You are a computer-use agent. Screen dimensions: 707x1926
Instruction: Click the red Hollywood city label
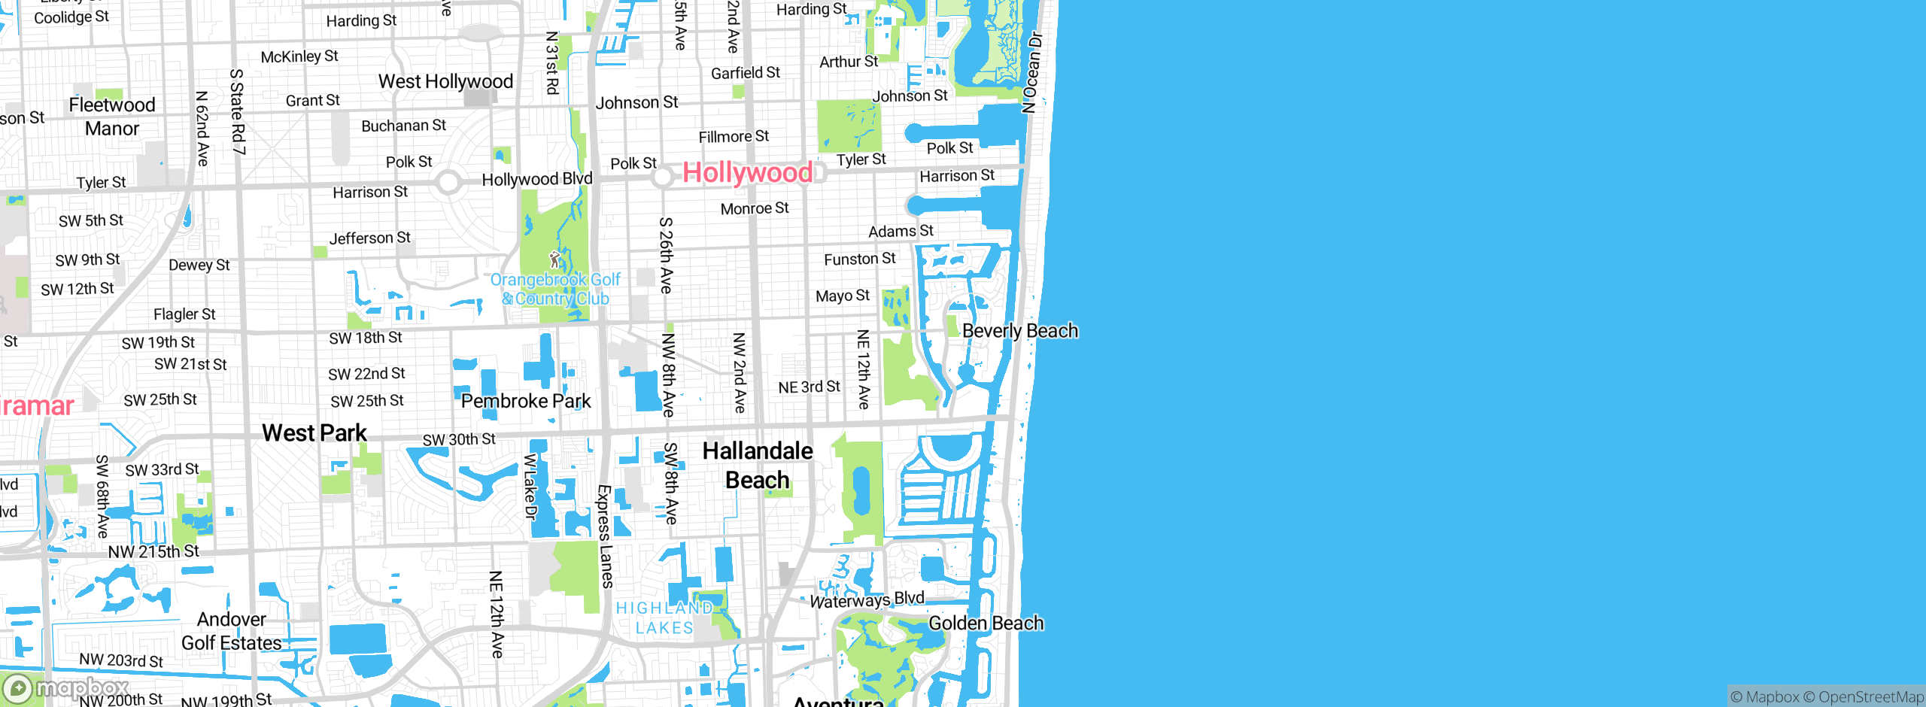pyautogui.click(x=747, y=173)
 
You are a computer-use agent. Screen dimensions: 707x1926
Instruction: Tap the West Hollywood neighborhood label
pyautogui.click(x=445, y=81)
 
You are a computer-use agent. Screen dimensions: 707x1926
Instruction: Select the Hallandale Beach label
pyautogui.click(x=758, y=466)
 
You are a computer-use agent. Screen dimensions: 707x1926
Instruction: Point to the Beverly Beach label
pyautogui.click(x=1019, y=331)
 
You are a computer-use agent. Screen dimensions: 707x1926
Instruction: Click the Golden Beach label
pyautogui.click(x=986, y=623)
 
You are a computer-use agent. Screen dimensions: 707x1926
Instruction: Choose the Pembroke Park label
pyautogui.click(x=526, y=401)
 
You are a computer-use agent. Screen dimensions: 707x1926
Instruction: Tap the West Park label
pyautogui.click(x=314, y=432)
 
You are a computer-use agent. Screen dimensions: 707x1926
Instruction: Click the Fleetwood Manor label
pyautogui.click(x=112, y=117)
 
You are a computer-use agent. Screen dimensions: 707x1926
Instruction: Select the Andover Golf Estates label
pyautogui.click(x=232, y=631)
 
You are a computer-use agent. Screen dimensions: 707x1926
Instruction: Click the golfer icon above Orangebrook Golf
pyautogui.click(x=555, y=259)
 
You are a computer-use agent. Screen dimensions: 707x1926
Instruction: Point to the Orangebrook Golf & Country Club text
pyautogui.click(x=555, y=290)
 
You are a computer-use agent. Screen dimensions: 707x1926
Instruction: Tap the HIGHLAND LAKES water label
pyautogui.click(x=664, y=617)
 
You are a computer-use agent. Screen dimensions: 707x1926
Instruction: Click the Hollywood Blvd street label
pyautogui.click(x=537, y=179)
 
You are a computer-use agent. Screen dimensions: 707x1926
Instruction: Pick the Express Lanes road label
pyautogui.click(x=605, y=536)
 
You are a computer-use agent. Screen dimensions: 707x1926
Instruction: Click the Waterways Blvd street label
pyautogui.click(x=867, y=599)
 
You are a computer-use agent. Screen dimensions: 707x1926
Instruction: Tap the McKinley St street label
pyautogui.click(x=299, y=56)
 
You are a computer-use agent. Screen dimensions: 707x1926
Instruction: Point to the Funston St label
pyautogui.click(x=859, y=259)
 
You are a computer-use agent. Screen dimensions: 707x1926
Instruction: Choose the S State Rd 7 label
pyautogui.click(x=238, y=111)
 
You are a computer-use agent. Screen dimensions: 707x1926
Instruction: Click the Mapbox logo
pyautogui.click(x=66, y=687)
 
